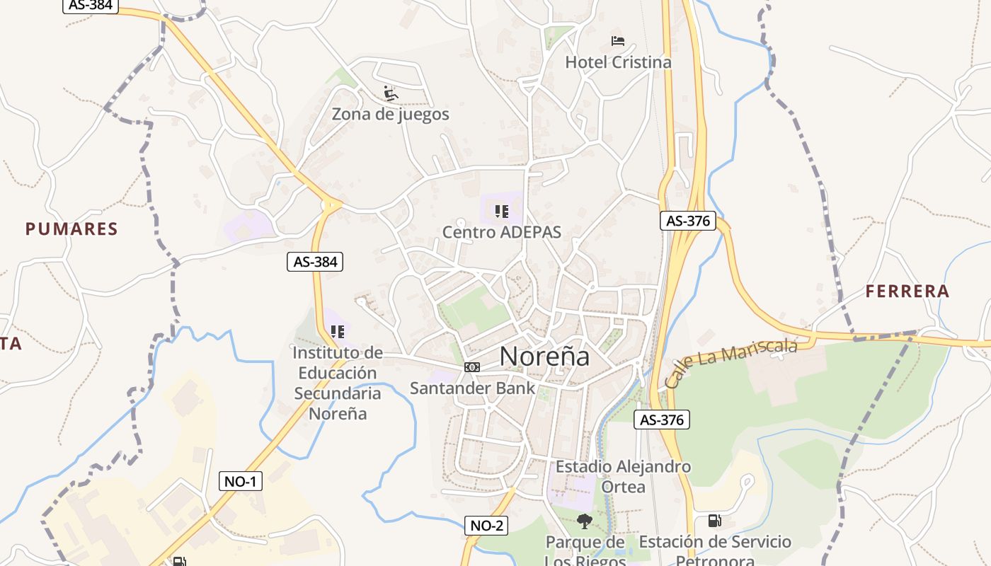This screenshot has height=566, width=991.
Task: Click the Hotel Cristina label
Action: (618, 62)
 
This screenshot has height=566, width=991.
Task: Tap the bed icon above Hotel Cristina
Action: (618, 41)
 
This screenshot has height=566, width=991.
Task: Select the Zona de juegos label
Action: (391, 114)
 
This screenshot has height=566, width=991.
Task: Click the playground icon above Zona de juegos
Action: (391, 93)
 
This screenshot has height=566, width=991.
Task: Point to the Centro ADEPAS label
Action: (502, 232)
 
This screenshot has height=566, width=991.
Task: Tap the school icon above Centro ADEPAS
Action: (502, 211)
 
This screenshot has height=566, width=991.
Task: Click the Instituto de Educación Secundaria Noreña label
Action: (338, 383)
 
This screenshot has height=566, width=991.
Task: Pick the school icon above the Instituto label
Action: (338, 331)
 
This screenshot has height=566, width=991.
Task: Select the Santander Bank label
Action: (473, 388)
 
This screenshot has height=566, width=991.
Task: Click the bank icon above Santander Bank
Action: (472, 366)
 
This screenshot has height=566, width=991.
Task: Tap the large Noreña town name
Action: (544, 356)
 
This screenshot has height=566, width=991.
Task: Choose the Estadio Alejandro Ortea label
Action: (623, 477)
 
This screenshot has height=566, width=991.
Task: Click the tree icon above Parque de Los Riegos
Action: (585, 522)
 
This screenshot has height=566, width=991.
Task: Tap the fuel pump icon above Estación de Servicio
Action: (715, 521)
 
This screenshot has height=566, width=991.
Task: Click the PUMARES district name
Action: (71, 229)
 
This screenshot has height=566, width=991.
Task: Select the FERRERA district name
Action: (907, 291)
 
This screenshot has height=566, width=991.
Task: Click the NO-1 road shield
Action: (241, 482)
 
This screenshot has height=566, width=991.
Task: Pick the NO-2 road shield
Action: (487, 525)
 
